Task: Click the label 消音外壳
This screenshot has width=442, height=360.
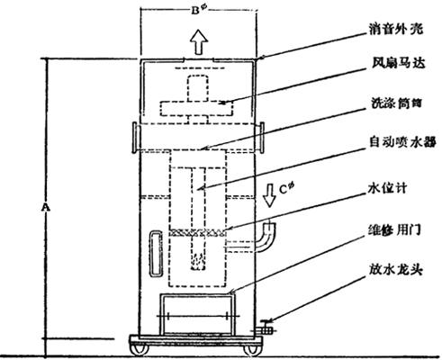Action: coord(396,30)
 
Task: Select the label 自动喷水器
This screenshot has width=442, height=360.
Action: coord(402,142)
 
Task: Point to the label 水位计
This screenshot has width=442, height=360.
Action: coord(387,189)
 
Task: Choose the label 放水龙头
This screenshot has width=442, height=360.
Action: coord(396,270)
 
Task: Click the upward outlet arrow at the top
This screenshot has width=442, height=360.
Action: coord(199,41)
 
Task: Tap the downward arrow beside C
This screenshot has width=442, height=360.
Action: coord(269,195)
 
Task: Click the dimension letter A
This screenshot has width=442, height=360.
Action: coord(46,207)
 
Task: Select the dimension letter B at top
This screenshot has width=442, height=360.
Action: coord(195,11)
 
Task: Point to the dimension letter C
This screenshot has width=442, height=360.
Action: coord(283,190)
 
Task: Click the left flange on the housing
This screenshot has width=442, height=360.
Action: coord(135,138)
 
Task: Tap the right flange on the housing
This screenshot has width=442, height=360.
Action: coord(261,138)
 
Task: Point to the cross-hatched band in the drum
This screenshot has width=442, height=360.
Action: coord(197,232)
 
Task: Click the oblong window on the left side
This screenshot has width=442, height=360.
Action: coord(156,253)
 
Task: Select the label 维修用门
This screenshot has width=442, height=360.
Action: coord(394,230)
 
